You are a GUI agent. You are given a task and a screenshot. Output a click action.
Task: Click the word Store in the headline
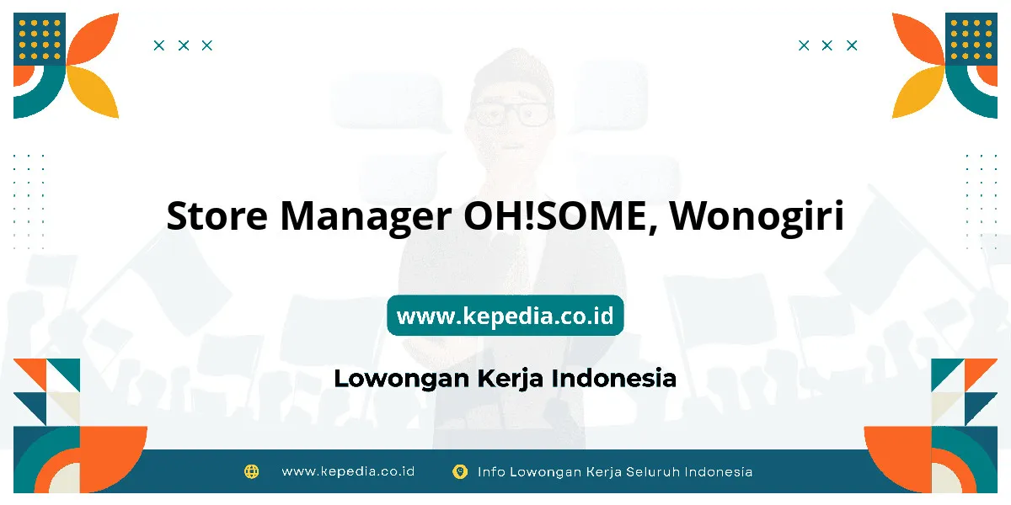(x=217, y=216)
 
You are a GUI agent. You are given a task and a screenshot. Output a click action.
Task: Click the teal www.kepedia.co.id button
(x=505, y=316)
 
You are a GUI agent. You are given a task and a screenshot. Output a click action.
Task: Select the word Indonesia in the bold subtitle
(x=614, y=378)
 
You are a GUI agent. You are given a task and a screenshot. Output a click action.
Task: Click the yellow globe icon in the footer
(x=251, y=471)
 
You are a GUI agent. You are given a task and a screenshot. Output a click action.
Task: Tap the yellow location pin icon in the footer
(x=460, y=471)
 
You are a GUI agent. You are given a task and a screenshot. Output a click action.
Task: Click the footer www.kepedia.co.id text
(x=348, y=471)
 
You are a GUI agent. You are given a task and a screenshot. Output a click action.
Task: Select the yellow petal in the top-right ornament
(x=919, y=91)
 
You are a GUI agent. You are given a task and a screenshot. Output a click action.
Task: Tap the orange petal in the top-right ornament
(x=919, y=39)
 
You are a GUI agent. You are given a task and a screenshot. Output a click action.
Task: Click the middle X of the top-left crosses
(x=184, y=45)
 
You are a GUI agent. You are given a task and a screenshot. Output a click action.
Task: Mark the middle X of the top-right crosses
(x=826, y=45)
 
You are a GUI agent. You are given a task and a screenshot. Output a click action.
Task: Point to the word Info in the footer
(x=490, y=472)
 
